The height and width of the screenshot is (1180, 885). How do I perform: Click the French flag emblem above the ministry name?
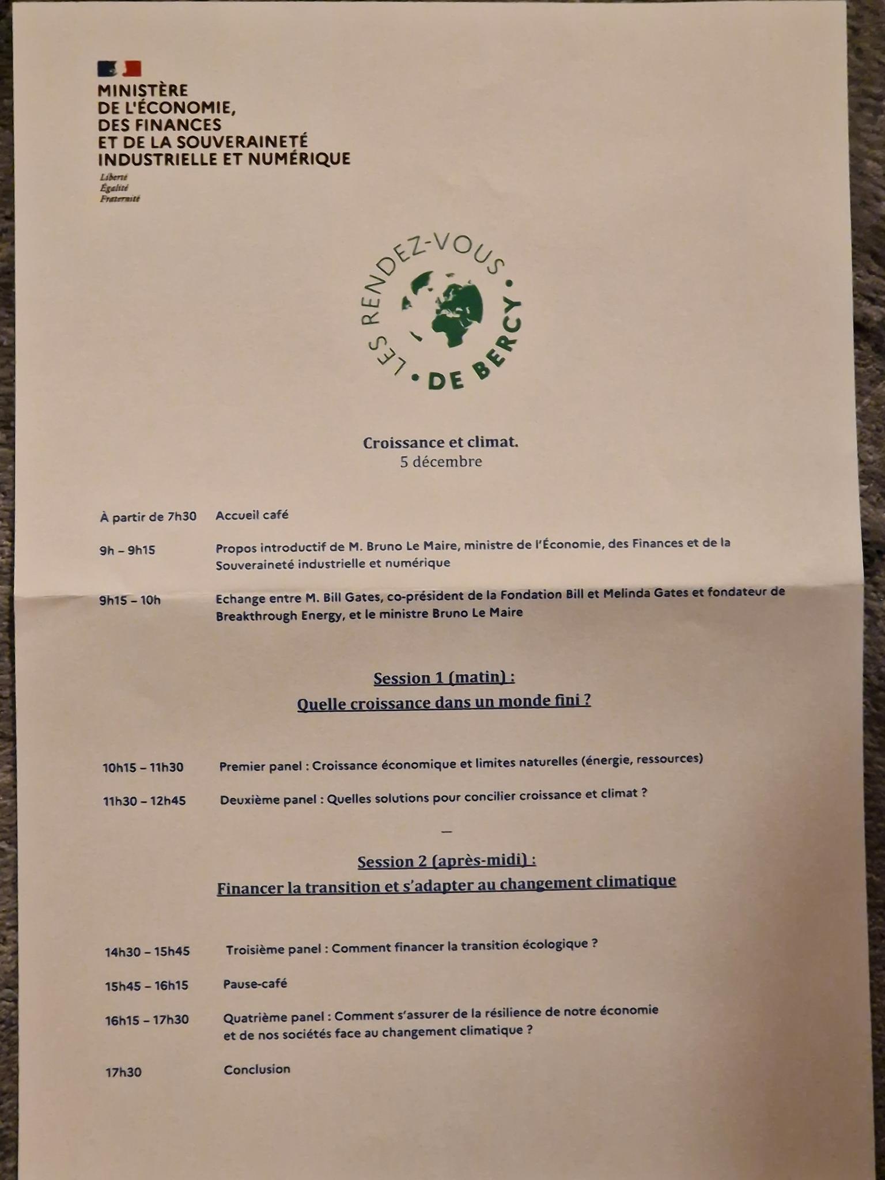coord(119,69)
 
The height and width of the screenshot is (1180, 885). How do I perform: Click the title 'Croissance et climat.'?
coord(440,442)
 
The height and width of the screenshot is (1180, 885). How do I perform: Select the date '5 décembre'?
coord(441,462)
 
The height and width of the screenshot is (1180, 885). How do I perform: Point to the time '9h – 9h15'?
coord(127,550)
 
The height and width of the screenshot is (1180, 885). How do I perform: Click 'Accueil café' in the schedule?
coord(252,515)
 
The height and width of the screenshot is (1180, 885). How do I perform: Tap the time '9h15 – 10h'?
coord(130,600)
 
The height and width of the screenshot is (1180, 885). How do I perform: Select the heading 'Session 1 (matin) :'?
coord(444,678)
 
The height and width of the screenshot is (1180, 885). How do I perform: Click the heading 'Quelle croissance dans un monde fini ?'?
coord(444,703)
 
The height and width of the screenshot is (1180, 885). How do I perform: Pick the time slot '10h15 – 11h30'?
coord(143,767)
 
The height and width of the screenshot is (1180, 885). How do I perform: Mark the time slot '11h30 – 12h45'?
coord(144,801)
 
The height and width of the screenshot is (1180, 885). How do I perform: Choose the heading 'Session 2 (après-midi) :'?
coord(447,861)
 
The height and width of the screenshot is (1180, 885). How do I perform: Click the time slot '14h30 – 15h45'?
coord(147,952)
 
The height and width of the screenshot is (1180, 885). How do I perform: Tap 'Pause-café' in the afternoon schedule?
coord(255,984)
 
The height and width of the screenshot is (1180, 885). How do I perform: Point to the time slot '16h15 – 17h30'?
coord(147,1020)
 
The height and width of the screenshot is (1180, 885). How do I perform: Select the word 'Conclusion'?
coord(257,1069)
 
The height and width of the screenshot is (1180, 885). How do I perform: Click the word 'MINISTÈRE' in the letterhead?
coord(143,90)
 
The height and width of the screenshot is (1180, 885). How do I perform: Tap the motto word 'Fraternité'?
coord(120,199)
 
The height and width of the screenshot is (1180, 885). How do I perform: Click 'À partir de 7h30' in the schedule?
coord(148,517)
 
